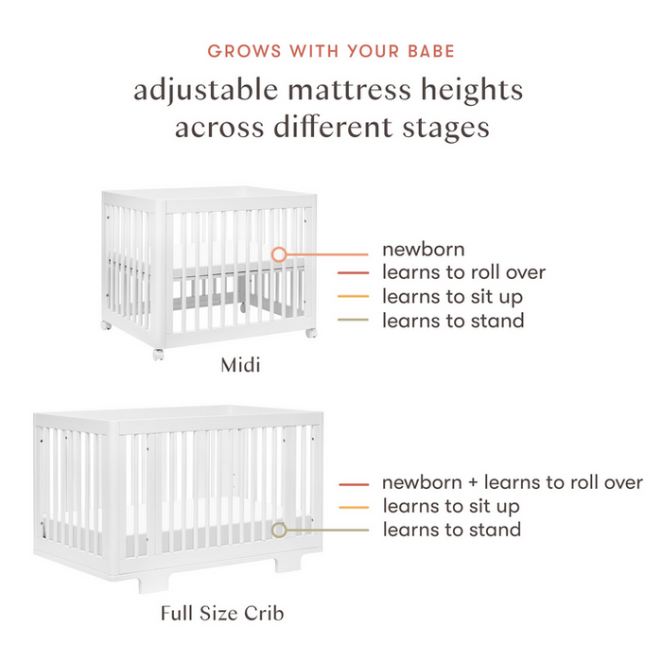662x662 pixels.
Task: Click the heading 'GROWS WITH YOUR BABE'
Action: tap(330, 50)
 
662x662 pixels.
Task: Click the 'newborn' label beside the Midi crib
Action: tap(423, 250)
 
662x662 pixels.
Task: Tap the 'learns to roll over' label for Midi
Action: tap(463, 273)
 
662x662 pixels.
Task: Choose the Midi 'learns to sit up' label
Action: tap(453, 297)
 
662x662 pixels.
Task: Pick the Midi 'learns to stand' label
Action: tap(453, 321)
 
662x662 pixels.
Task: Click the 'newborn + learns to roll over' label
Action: tap(513, 482)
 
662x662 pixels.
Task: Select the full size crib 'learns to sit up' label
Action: tap(452, 506)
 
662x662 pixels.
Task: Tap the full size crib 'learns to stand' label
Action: tap(452, 530)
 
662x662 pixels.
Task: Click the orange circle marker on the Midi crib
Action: tap(278, 254)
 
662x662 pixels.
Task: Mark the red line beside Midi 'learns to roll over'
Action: tap(354, 274)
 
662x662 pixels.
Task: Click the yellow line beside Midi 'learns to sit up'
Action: tap(354, 298)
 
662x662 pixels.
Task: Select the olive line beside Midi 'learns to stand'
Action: tap(354, 322)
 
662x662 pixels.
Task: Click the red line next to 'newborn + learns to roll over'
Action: tap(354, 483)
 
